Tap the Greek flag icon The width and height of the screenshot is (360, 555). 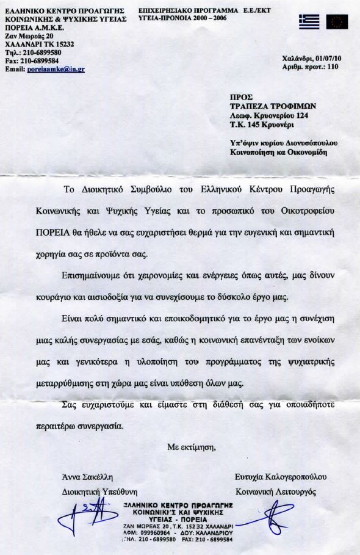(309, 22)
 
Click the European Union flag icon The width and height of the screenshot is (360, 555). (337, 22)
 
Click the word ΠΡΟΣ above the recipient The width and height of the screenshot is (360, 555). (239, 96)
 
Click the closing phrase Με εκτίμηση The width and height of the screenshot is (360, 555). (192, 448)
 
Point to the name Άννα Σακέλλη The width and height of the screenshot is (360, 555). (88, 476)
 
